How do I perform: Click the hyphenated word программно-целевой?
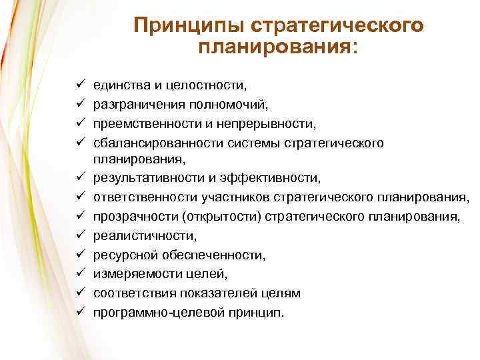pyautogui.click(x=157, y=311)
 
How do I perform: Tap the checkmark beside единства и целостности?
pyautogui.click(x=79, y=85)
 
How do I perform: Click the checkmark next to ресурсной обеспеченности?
pyautogui.click(x=79, y=255)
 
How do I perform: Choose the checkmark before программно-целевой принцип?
pyautogui.click(x=79, y=311)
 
